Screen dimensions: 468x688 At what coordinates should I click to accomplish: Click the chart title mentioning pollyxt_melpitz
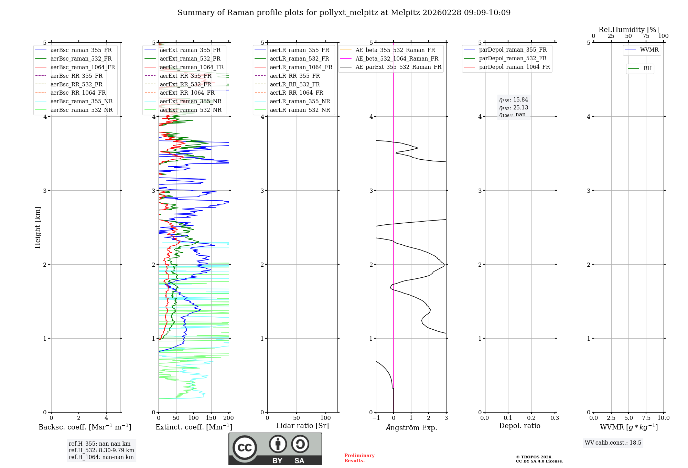pos(344,13)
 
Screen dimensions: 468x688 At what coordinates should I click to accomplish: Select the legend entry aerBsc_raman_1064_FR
pos(83,67)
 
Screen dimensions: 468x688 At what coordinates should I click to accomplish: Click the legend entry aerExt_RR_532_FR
pos(185,84)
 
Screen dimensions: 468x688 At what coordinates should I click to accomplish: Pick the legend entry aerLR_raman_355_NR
pos(300,102)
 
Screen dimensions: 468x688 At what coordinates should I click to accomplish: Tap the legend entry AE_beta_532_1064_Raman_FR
pos(397,59)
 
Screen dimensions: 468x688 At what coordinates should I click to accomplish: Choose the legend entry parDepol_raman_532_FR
pos(513,58)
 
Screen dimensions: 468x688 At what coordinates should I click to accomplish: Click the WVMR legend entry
pos(649,50)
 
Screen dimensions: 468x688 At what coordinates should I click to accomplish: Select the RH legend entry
pos(647,68)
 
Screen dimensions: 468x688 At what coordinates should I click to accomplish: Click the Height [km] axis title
pos(38,227)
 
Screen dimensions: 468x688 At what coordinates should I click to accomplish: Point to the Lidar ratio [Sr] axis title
pos(302,426)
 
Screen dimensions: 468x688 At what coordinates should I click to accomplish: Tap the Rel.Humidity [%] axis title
pos(628,30)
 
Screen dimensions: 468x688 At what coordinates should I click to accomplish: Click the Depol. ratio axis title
pos(519,426)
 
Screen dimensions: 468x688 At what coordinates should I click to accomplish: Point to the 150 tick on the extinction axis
pos(211,418)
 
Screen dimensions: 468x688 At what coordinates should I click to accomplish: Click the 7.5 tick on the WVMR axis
pos(646,418)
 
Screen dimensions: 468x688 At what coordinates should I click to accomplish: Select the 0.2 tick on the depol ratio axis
pos(531,418)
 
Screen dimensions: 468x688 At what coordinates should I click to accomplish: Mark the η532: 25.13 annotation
pos(514,108)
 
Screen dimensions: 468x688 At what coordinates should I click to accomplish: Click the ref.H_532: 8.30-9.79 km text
pos(101,450)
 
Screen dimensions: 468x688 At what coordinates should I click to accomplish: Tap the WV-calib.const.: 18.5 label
pos(613,443)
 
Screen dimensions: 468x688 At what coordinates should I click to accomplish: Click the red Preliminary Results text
pos(359,458)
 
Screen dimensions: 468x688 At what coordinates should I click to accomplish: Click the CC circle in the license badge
pos(245,448)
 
